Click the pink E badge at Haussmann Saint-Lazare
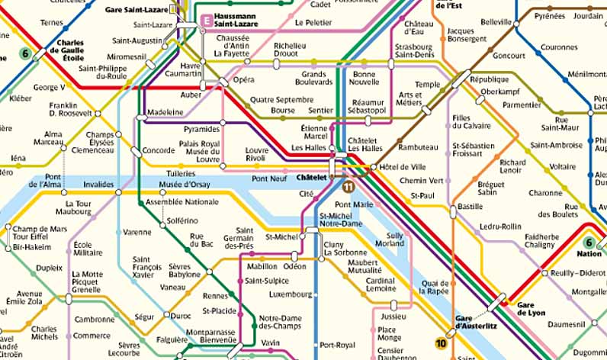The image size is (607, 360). [205, 21]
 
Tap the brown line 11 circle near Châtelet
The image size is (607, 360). [348, 187]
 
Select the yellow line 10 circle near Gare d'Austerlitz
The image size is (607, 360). [441, 343]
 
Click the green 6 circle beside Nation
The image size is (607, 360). [588, 242]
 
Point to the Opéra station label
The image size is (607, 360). [244, 79]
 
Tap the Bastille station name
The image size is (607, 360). [470, 207]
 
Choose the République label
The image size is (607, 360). [489, 79]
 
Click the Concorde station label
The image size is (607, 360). [159, 150]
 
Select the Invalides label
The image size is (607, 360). [98, 184]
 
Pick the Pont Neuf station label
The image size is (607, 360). [268, 178]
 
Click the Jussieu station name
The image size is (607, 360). [393, 316]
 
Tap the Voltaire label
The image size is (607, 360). [563, 166]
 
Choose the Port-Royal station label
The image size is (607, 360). [337, 345]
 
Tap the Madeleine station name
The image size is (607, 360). [165, 112]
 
